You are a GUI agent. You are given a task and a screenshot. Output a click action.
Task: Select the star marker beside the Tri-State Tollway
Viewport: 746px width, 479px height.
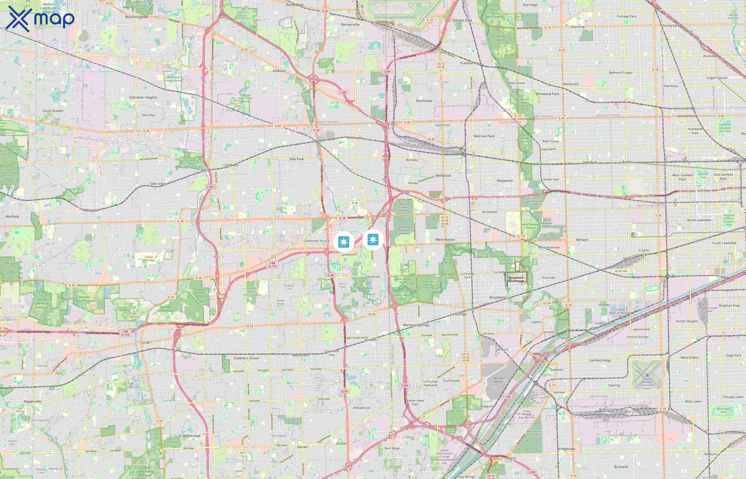(x=373, y=240)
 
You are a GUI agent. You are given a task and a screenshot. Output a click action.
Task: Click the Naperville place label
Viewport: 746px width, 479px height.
(x=33, y=401)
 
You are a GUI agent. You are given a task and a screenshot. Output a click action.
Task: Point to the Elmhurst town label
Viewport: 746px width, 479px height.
(x=355, y=138)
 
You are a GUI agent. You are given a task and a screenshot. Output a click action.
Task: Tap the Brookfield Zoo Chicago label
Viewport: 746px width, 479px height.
(x=516, y=279)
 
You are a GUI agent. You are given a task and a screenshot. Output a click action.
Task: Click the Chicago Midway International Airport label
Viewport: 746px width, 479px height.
(x=647, y=383)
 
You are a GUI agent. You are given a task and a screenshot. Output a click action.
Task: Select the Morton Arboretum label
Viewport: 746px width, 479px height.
(x=165, y=309)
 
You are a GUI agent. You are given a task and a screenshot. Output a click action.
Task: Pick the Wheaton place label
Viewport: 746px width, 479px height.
(x=91, y=210)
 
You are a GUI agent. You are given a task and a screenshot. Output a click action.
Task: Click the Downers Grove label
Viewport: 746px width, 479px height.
(x=246, y=358)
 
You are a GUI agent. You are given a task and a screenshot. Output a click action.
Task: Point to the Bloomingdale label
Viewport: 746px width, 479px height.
(x=136, y=17)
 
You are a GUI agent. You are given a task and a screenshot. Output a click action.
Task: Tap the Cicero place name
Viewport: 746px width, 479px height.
(x=644, y=250)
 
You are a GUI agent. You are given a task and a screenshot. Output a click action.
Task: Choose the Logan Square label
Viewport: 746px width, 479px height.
(x=717, y=78)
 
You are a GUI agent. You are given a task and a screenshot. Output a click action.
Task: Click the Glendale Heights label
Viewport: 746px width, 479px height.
(x=143, y=97)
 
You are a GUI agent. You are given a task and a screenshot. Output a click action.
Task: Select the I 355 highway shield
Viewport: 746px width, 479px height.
(x=210, y=187)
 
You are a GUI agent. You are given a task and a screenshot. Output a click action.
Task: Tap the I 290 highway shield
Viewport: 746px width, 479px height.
(x=343, y=92)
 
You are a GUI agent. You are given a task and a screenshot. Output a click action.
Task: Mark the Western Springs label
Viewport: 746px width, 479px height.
(x=416, y=325)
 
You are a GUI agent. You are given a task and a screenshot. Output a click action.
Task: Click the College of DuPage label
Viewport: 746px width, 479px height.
(x=149, y=258)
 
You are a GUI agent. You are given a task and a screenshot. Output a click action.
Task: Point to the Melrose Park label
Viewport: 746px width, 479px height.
(x=484, y=136)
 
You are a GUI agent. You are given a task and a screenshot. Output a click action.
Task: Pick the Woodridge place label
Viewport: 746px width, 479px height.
(x=191, y=436)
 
